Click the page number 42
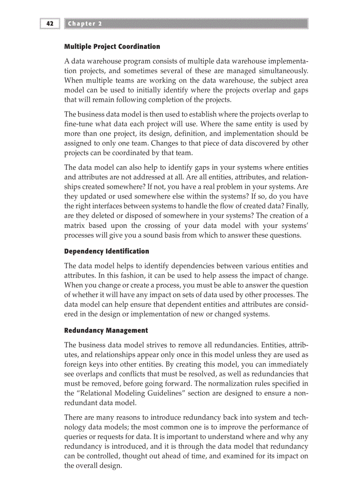coord(50,23)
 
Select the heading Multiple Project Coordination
coord(112,46)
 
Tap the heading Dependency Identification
coord(107,251)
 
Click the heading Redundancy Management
coord(106,330)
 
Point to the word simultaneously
coord(278,70)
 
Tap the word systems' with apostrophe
coord(292,225)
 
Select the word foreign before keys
coord(77,364)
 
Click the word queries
coord(76,436)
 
